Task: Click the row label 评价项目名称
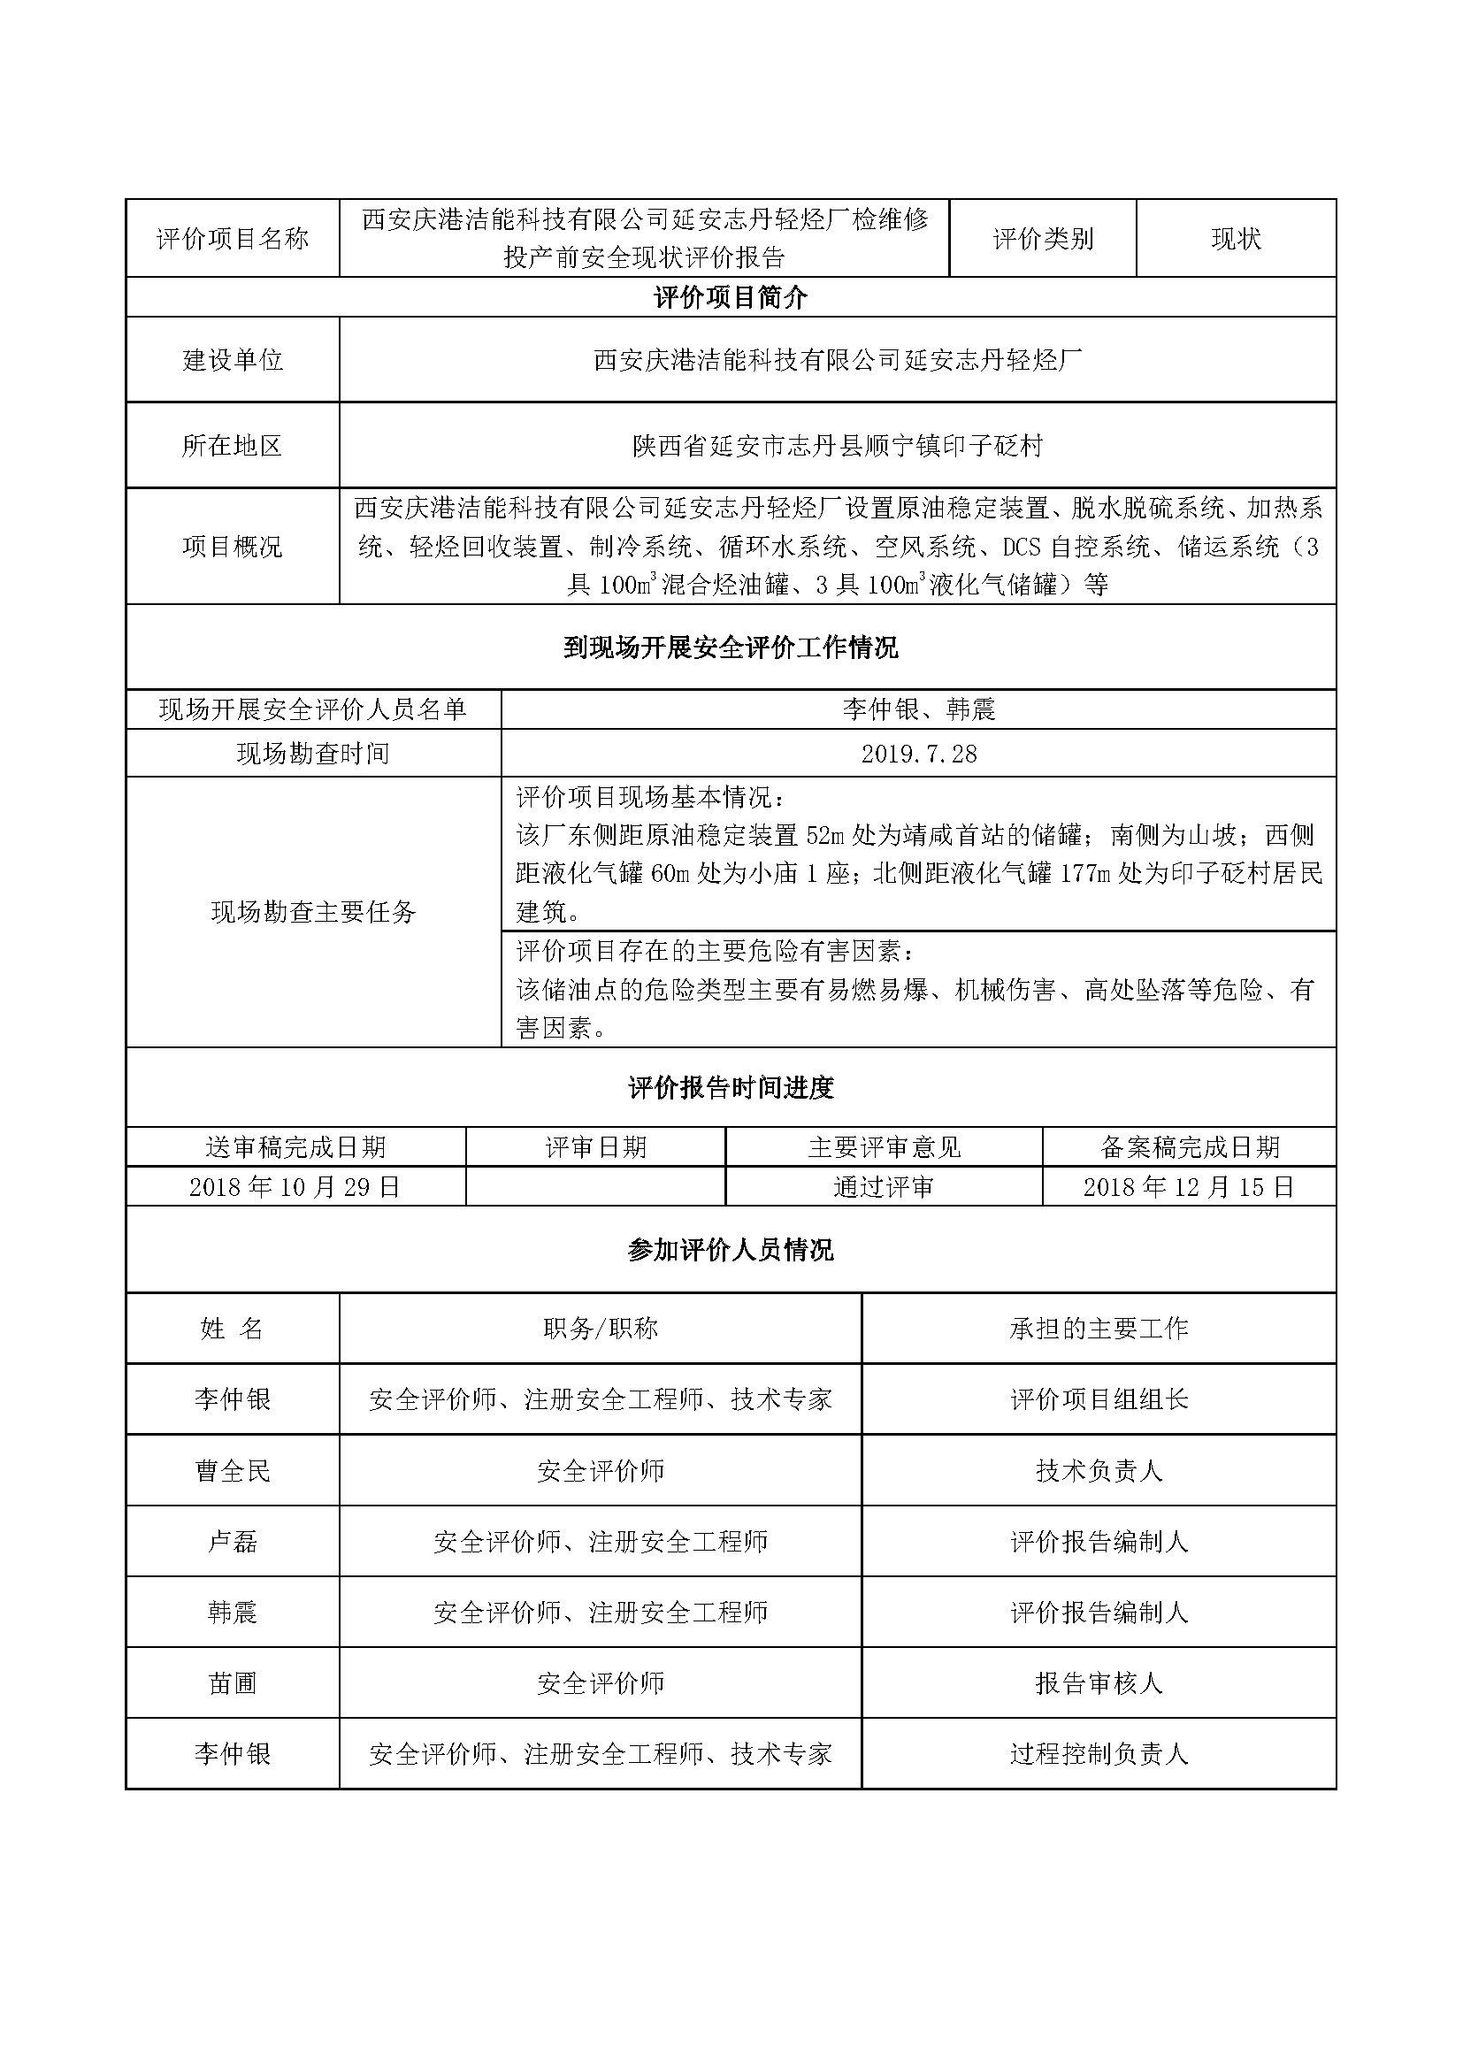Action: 233,239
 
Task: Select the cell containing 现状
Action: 1235,239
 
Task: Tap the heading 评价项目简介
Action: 730,297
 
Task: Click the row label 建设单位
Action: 233,359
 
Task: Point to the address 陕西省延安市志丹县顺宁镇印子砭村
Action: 837,445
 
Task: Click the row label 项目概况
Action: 233,546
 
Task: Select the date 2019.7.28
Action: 918,754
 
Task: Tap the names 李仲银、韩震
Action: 918,710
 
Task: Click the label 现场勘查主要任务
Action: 312,912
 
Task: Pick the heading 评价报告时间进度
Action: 730,1088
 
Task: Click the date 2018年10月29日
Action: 295,1187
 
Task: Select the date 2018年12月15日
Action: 1188,1187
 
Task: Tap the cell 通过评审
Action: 883,1187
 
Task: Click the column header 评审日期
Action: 595,1147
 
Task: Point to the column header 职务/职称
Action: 600,1330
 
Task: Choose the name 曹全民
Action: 233,1472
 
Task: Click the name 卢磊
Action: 233,1542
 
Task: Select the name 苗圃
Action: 233,1683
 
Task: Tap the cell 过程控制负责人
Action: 1099,1753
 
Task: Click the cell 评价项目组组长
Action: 1099,1399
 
